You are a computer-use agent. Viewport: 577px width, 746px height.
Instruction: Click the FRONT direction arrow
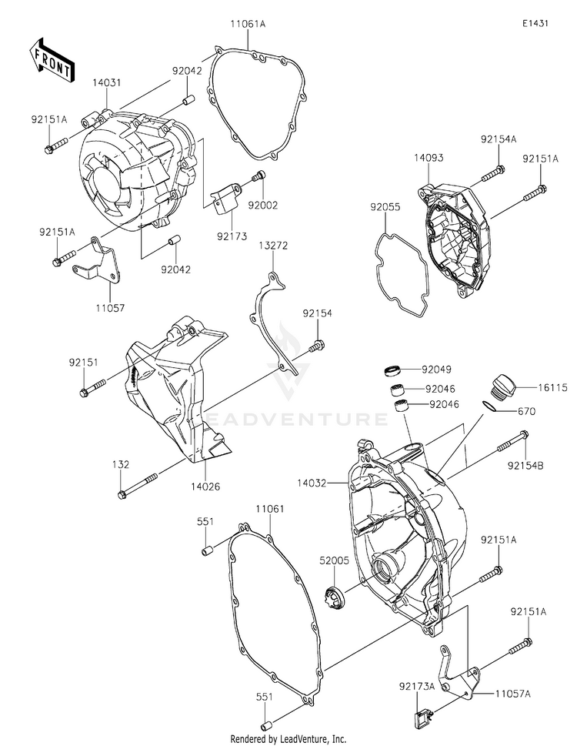tap(52, 59)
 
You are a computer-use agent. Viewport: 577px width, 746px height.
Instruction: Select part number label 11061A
tap(247, 25)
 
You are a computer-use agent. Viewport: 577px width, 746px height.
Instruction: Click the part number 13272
tap(273, 246)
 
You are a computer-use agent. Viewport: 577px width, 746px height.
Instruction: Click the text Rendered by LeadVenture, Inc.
tap(288, 738)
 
